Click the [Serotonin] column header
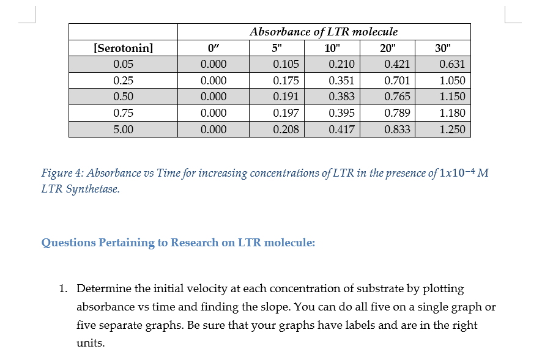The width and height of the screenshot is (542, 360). [123, 48]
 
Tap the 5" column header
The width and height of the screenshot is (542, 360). [277, 48]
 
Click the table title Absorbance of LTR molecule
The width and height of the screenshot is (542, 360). [324, 31]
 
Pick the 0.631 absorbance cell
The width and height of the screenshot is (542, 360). [452, 64]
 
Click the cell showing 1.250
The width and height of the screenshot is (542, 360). [452, 129]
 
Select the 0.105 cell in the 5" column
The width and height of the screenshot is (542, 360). [286, 64]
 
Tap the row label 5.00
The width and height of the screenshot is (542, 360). [124, 129]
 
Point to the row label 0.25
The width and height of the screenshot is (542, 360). [124, 81]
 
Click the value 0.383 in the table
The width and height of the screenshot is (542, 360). [341, 97]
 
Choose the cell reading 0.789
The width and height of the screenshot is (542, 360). [397, 113]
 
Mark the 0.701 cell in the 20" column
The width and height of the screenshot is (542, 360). [397, 81]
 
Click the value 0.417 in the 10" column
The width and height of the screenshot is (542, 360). [341, 129]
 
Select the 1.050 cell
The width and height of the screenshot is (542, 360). [452, 81]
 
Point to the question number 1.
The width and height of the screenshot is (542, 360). [63, 288]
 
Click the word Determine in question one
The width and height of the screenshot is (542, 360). [104, 288]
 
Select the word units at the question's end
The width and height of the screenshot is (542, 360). [90, 343]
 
